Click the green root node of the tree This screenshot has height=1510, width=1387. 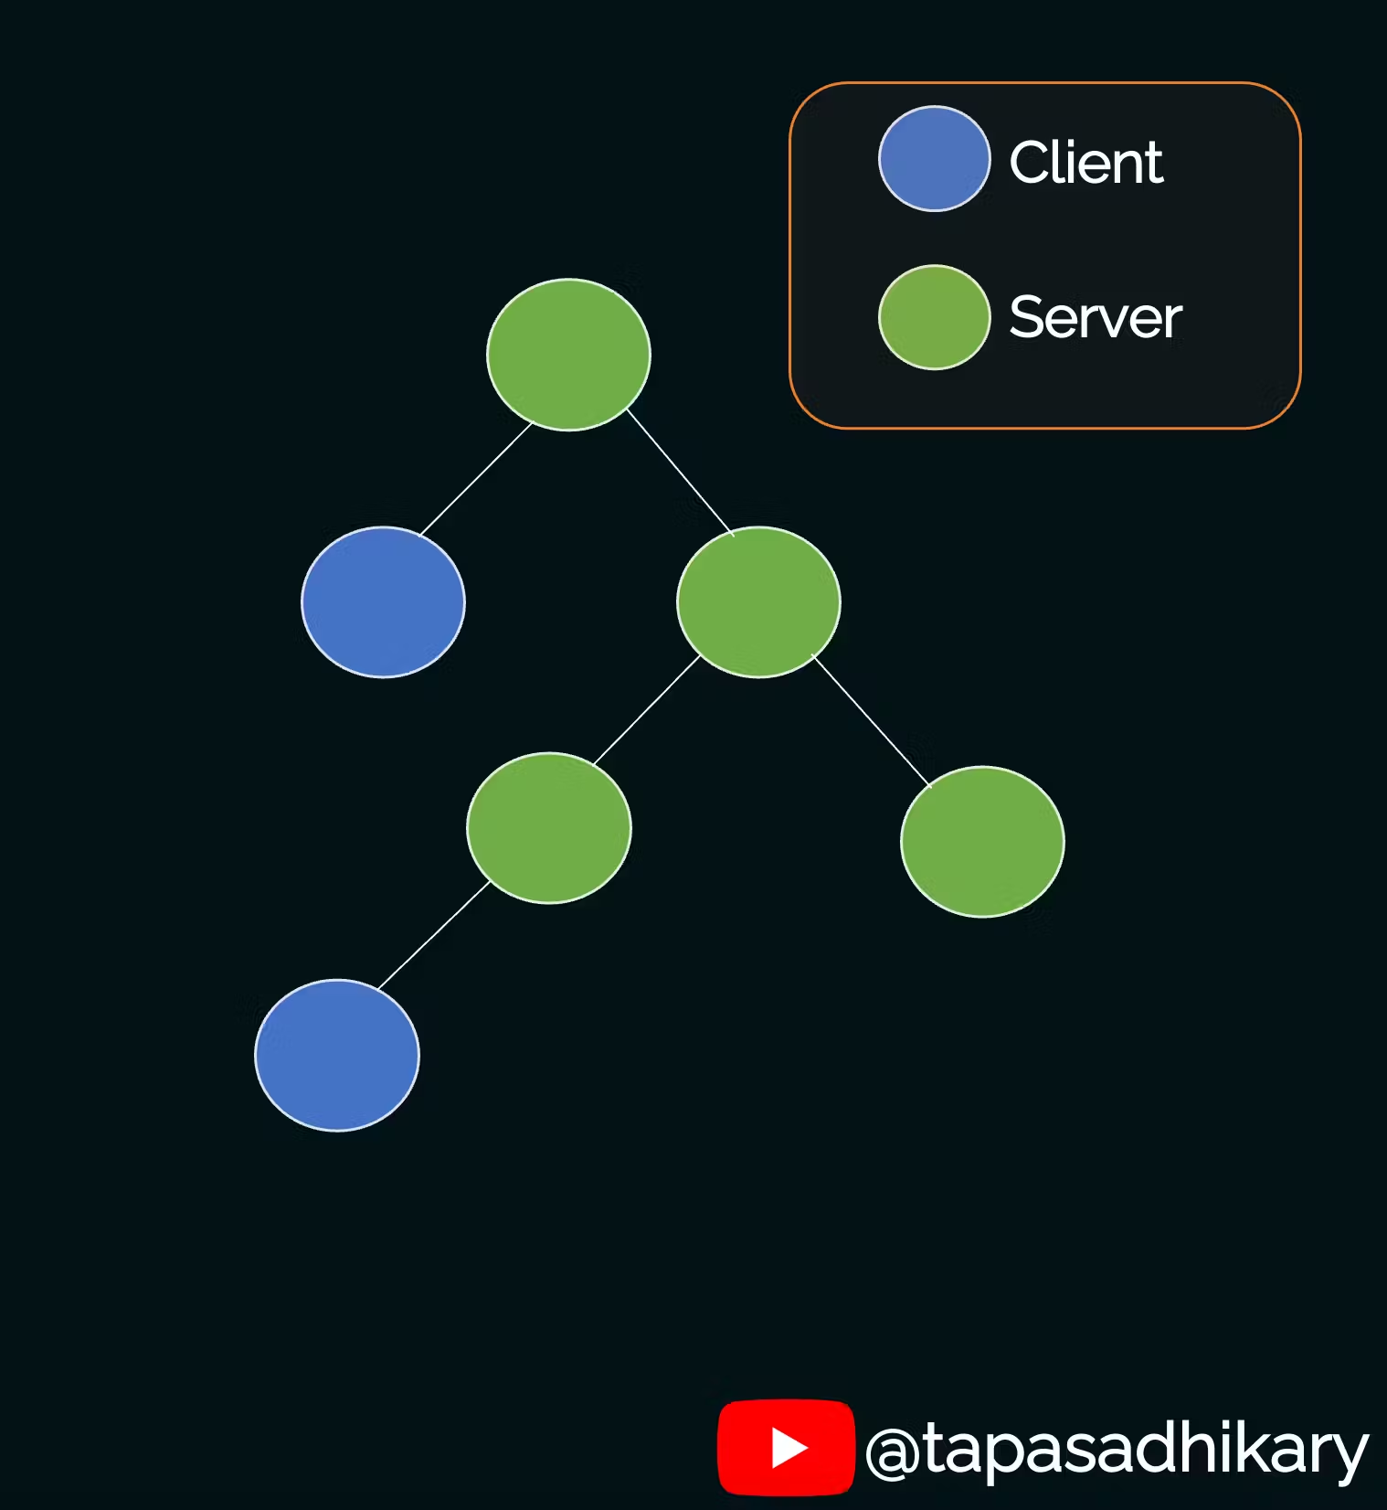point(568,355)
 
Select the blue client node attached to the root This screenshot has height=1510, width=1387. point(383,602)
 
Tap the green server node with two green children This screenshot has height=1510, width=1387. point(758,602)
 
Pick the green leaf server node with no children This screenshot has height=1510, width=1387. point(982,842)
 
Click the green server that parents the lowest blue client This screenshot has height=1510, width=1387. point(548,828)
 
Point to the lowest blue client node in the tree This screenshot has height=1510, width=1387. point(337,1056)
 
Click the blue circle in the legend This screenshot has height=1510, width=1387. point(934,159)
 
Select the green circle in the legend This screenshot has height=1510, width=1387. point(934,317)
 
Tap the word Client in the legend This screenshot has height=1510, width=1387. point(1085,163)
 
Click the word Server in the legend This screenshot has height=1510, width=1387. point(1095,318)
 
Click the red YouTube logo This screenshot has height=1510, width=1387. point(786,1447)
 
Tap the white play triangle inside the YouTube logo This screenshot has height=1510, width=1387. point(789,1448)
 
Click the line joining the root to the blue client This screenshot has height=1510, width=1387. point(475,480)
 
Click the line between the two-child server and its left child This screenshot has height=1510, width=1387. point(647,710)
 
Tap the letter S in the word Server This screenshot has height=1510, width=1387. point(1026,318)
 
